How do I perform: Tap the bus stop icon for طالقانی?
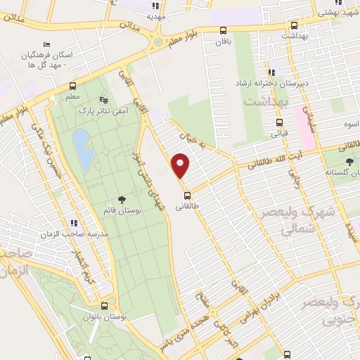186,195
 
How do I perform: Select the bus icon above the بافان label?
223,30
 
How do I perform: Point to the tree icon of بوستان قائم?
122,200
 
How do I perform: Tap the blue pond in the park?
82,150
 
